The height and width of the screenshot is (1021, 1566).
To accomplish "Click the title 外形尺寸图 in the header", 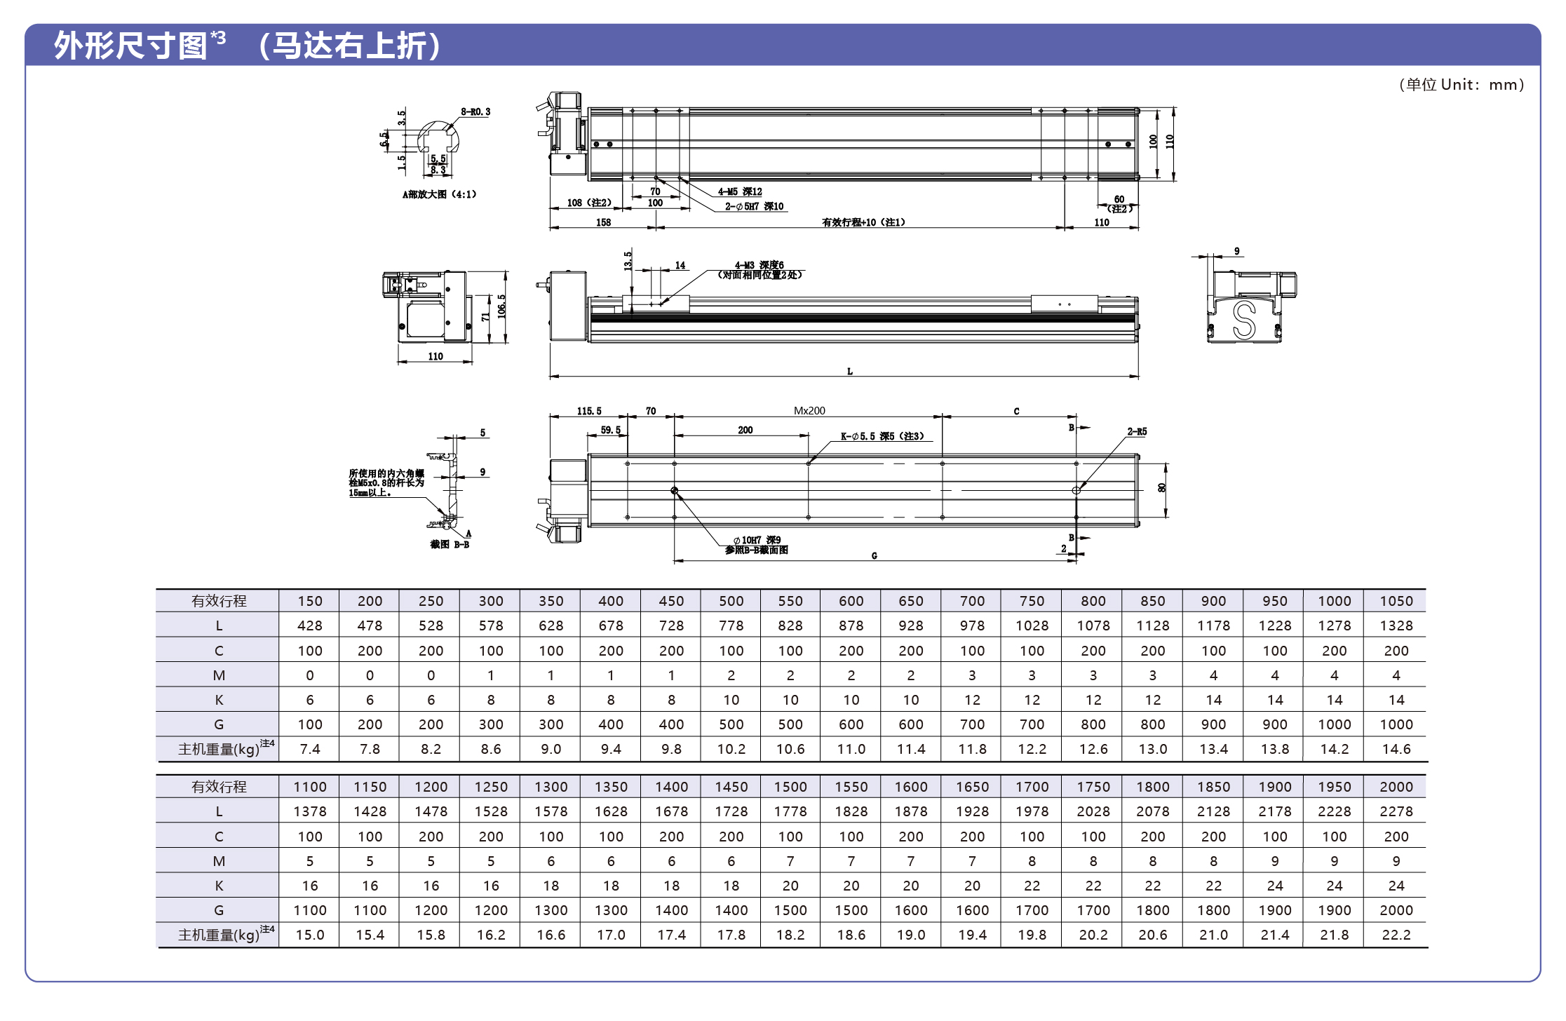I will tap(130, 46).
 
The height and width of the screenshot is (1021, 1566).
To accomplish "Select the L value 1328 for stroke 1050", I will tap(1396, 626).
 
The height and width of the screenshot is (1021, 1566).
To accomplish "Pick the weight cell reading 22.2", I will tap(1396, 935).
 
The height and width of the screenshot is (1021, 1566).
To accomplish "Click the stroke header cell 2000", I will tap(1396, 787).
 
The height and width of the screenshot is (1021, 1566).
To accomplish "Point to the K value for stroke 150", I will tap(309, 700).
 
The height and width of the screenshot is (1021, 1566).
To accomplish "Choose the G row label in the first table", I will tap(219, 724).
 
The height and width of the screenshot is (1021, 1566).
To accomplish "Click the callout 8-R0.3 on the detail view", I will tap(475, 112).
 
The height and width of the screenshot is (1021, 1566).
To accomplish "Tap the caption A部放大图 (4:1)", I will tap(439, 194).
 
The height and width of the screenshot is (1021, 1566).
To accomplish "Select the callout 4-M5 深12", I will tap(739, 191).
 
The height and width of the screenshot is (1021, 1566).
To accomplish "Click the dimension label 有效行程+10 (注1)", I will tap(863, 222).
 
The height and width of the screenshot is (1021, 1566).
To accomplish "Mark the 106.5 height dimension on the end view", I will tap(501, 306).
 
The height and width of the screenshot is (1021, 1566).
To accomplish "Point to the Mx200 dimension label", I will tap(809, 411).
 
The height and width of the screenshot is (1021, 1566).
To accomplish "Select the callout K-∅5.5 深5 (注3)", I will tap(882, 436).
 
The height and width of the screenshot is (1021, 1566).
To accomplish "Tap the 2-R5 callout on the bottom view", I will tap(1137, 432).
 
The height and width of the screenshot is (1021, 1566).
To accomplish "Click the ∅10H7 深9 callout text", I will tap(757, 540).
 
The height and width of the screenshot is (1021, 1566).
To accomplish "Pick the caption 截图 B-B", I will tap(450, 544).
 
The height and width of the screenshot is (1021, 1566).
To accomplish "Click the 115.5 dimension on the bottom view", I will tap(589, 411).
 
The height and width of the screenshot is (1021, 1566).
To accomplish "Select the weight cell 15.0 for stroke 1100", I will tap(309, 935).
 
